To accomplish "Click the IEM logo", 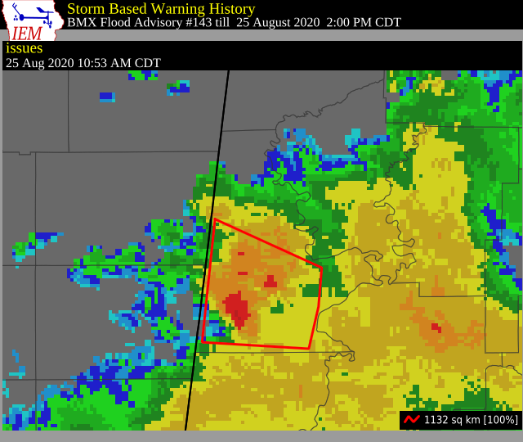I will coord(32,20).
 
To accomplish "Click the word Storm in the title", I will coord(86,8).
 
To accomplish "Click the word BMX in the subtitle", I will coord(81,22).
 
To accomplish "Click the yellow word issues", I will coord(25,48).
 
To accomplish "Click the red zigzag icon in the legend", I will coord(412,419).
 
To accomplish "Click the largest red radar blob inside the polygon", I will coord(238,309).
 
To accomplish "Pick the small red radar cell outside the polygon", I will coord(436,327).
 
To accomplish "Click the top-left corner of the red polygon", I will coord(215,219).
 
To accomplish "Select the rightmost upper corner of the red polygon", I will coord(322,268).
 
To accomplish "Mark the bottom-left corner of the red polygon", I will coord(202,342).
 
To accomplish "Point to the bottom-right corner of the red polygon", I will coord(308,349).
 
